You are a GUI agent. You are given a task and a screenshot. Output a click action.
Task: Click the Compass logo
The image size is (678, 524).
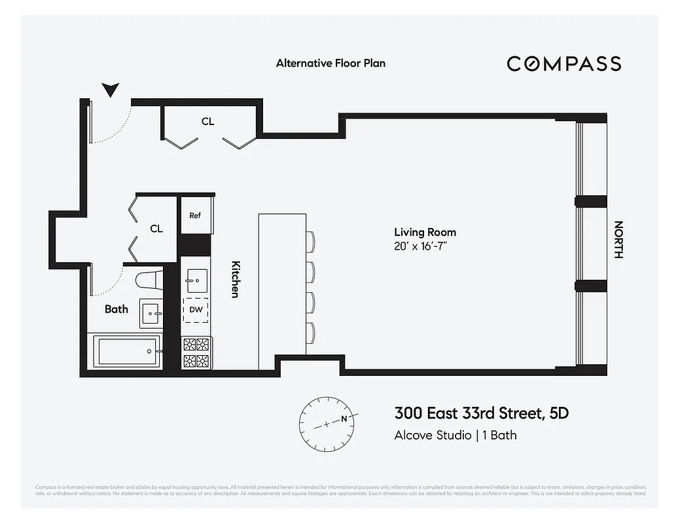click(x=563, y=64)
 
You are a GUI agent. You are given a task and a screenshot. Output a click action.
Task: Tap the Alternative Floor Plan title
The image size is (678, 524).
click(x=330, y=64)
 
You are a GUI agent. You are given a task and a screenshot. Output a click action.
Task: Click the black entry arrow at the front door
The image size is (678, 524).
click(x=111, y=90)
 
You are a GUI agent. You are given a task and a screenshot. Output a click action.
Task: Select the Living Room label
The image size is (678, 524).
click(x=425, y=232)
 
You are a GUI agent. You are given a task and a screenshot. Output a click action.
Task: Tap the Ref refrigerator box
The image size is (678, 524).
click(x=195, y=215)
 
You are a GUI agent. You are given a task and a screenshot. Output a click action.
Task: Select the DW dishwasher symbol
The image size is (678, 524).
click(x=196, y=310)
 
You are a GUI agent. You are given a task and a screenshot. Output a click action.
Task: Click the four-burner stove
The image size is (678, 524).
click(x=196, y=352)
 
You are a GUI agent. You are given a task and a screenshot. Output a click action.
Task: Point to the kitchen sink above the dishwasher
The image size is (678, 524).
click(x=196, y=280)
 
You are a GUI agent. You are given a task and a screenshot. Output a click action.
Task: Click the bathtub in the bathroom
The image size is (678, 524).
click(x=126, y=352)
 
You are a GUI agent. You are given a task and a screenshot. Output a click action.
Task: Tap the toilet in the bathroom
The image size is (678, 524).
click(x=149, y=280)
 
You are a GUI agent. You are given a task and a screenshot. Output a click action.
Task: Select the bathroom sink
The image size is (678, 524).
click(x=151, y=314)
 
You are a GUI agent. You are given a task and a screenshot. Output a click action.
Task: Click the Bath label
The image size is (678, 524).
click(x=116, y=309)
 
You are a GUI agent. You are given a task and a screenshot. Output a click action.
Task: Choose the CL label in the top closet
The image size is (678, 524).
click(x=207, y=122)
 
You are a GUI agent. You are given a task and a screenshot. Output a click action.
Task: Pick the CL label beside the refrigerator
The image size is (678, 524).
click(x=156, y=229)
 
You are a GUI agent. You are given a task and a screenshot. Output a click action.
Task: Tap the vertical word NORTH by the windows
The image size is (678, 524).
click(x=618, y=240)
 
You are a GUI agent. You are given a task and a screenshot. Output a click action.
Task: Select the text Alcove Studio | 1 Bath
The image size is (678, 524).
click(x=455, y=435)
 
